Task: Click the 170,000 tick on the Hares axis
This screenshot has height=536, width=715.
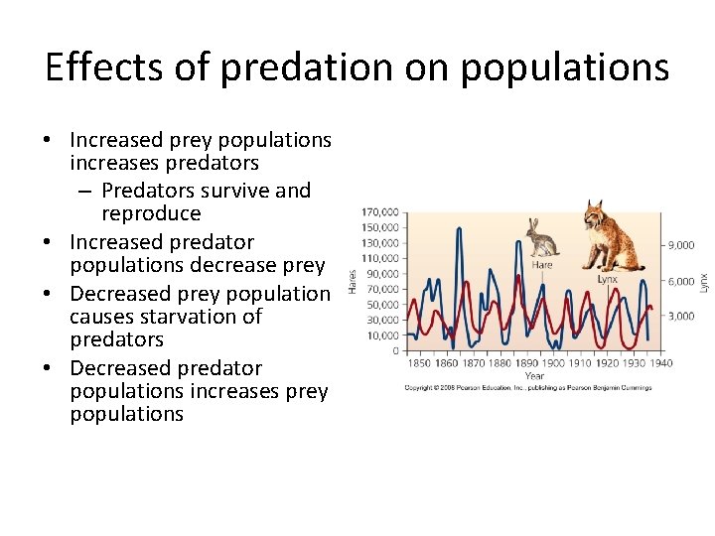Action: point(382,211)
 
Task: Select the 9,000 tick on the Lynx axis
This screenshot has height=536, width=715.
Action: point(680,245)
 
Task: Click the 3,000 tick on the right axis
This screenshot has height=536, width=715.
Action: point(680,316)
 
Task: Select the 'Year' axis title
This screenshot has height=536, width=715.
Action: point(534,376)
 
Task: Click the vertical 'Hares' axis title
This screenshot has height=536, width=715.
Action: point(353,281)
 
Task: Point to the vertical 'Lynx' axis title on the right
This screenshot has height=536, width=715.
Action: point(704,282)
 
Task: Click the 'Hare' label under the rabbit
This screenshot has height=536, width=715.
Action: point(542,265)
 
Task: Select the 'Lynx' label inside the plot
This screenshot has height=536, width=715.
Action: point(607,279)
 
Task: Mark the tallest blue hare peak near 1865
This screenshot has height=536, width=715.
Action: point(459,229)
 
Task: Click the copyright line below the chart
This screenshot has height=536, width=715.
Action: point(527,387)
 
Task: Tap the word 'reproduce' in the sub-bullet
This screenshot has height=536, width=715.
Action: point(151,213)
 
